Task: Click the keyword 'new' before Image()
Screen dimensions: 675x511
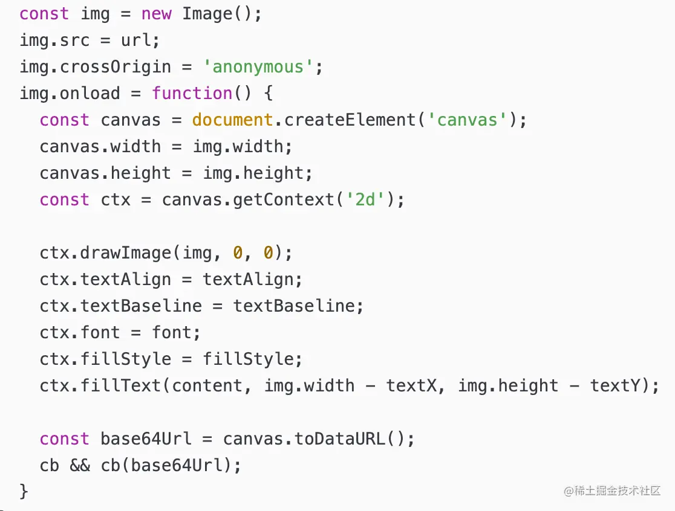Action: (156, 13)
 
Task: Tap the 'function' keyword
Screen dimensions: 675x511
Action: (192, 93)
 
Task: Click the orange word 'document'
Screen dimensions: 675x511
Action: (232, 120)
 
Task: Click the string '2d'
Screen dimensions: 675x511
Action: (365, 199)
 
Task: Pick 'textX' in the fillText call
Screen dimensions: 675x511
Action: (411, 385)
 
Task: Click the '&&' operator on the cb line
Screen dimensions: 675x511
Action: (80, 465)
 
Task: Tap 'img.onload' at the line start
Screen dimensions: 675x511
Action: (70, 93)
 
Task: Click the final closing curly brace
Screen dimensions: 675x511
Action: (24, 490)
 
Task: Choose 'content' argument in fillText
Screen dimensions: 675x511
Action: (207, 385)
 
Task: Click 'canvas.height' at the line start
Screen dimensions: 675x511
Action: (106, 173)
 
